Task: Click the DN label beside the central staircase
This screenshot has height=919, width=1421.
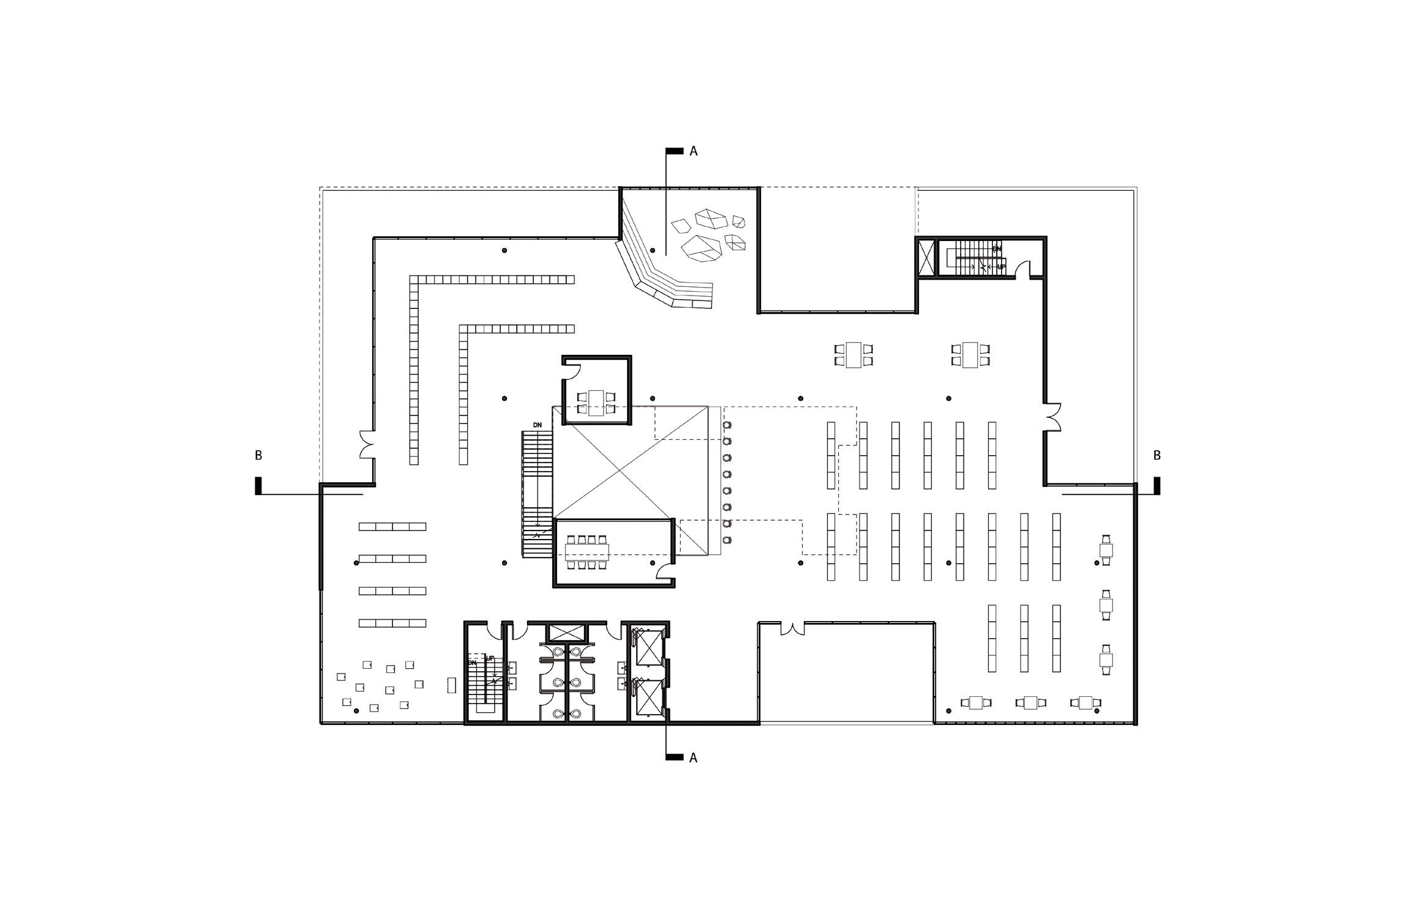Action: coord(538,425)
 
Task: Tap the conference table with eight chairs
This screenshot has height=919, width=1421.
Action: coord(588,553)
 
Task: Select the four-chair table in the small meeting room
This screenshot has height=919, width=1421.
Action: coord(596,403)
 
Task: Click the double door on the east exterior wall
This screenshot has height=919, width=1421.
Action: coord(1052,417)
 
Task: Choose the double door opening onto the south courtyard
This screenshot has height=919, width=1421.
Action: coord(792,627)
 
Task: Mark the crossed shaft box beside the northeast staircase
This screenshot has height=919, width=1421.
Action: coord(927,257)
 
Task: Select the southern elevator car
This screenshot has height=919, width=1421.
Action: coord(648,698)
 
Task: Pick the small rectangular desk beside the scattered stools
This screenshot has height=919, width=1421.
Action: coord(452,685)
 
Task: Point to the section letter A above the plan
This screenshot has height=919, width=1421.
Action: coord(694,151)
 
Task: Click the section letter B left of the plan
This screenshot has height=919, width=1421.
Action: coord(258,456)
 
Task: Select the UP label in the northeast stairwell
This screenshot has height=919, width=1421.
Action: coord(1001,267)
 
